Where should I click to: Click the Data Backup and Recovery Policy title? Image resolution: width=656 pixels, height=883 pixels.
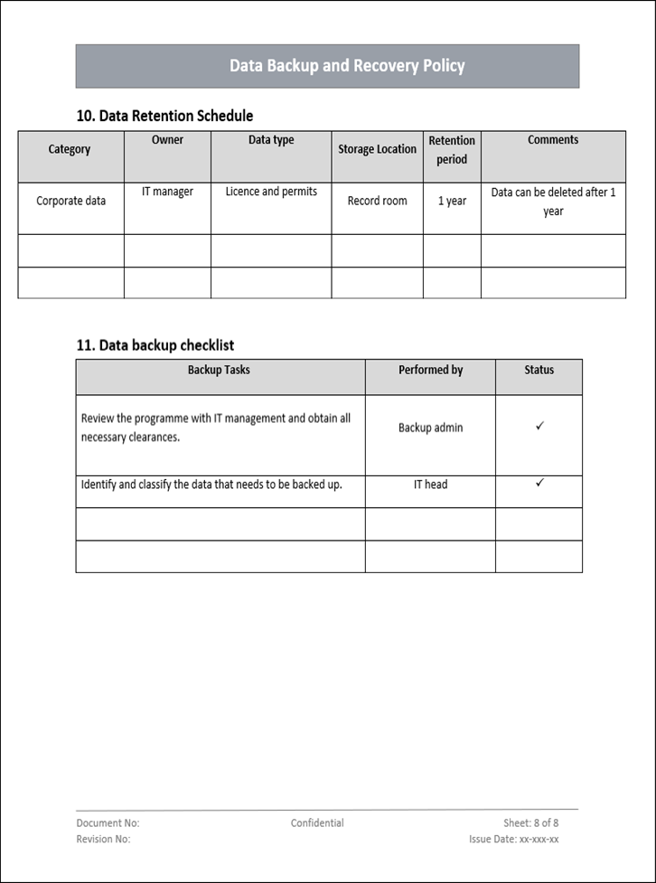click(x=347, y=66)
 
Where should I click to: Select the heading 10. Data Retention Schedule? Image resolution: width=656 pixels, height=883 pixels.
click(x=164, y=116)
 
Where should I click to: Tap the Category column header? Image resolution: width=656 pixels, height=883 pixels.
click(x=70, y=149)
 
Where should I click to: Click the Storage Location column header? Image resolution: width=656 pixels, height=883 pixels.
click(x=377, y=149)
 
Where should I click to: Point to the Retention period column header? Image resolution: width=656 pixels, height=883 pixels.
click(x=452, y=150)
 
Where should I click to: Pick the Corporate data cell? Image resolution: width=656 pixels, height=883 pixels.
click(x=70, y=201)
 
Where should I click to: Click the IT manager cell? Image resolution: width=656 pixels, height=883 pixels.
click(x=167, y=192)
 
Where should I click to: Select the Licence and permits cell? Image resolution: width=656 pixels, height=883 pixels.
click(x=271, y=192)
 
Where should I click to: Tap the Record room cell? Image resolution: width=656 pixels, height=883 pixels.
click(x=377, y=201)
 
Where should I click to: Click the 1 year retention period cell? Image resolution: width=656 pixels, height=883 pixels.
click(x=452, y=201)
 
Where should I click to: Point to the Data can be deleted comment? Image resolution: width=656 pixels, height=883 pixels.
click(x=553, y=202)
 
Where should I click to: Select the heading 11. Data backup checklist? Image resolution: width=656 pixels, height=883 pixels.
click(x=155, y=345)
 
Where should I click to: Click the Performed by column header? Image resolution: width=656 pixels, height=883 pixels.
click(x=430, y=370)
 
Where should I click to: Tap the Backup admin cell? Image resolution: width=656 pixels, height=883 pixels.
click(x=430, y=427)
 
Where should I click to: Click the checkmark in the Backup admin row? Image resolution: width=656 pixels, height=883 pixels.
click(x=539, y=425)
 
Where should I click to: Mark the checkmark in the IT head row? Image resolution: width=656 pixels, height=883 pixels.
click(x=539, y=483)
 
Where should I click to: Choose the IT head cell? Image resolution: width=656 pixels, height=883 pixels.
click(x=430, y=484)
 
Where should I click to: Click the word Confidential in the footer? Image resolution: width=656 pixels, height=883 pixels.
click(x=317, y=823)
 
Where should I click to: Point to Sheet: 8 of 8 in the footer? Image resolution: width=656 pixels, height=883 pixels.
click(x=530, y=823)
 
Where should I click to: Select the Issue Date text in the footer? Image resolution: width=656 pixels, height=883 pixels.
click(x=513, y=840)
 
